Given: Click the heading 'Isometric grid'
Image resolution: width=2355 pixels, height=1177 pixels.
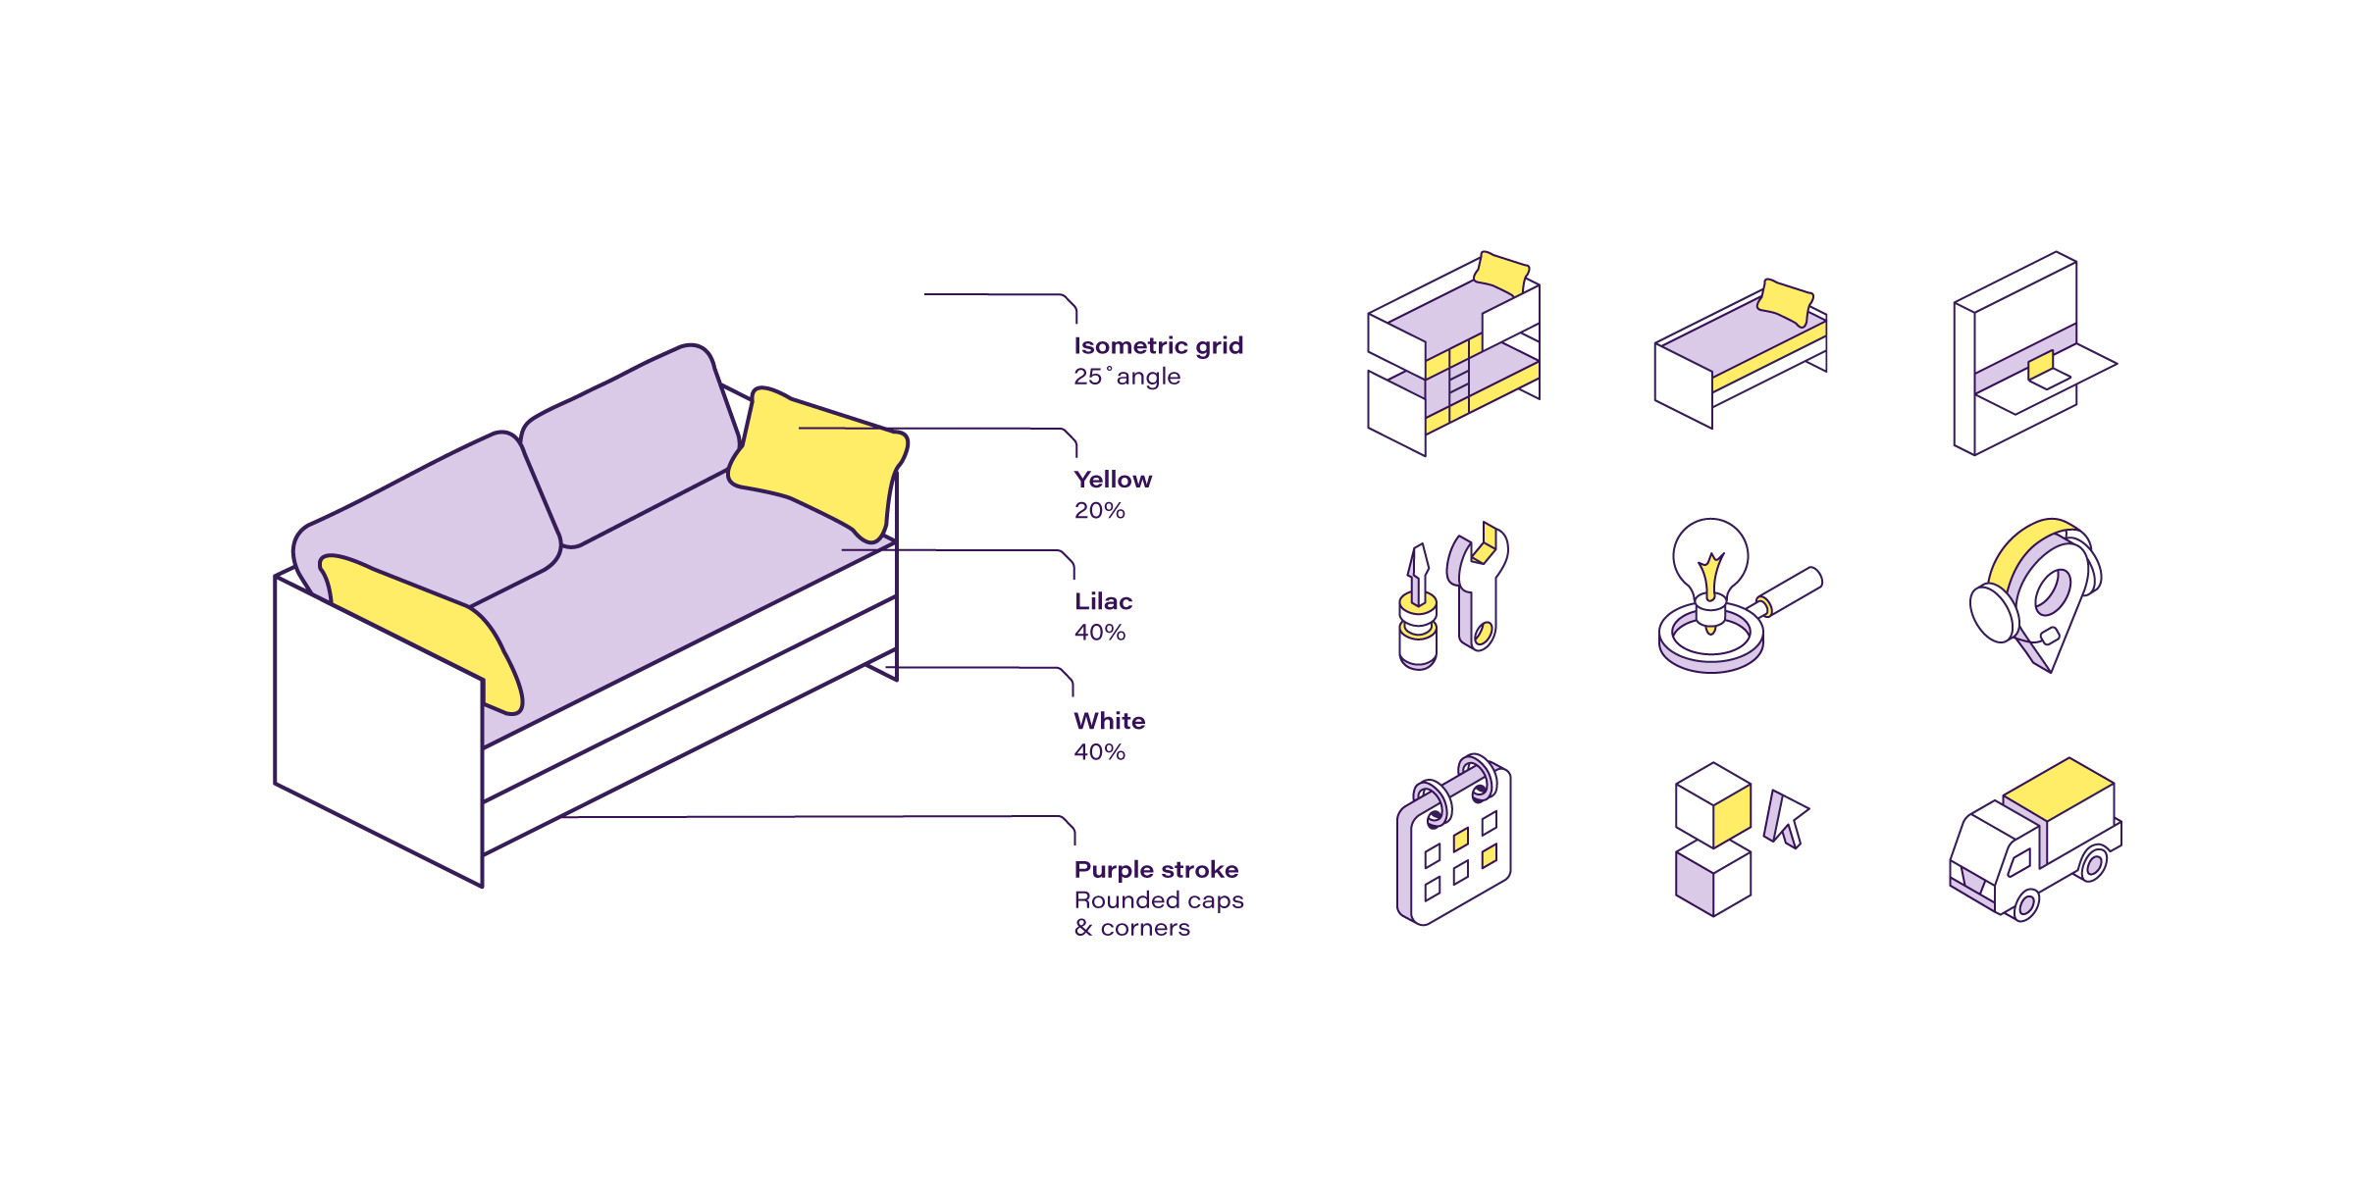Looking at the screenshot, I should pos(1158,346).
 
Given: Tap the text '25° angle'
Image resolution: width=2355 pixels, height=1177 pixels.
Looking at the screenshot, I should pos(1126,377).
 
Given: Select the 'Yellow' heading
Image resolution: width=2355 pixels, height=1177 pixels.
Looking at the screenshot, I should pos(1113,480).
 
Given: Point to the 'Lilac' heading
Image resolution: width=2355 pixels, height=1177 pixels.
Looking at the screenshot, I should pos(1103,601).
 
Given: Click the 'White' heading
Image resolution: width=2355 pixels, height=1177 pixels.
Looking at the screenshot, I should pos(1109,721).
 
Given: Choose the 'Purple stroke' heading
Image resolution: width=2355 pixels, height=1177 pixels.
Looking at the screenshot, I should pos(1156,870).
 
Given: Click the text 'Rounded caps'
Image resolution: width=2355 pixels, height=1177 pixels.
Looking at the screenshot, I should pos(1158,900).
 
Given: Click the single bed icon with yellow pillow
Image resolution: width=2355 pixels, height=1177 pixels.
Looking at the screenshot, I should pos(1740,353).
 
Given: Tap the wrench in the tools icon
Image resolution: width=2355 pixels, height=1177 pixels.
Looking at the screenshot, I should pos(1480,588).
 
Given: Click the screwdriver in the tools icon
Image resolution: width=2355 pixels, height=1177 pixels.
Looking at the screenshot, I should pos(1418,608).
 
